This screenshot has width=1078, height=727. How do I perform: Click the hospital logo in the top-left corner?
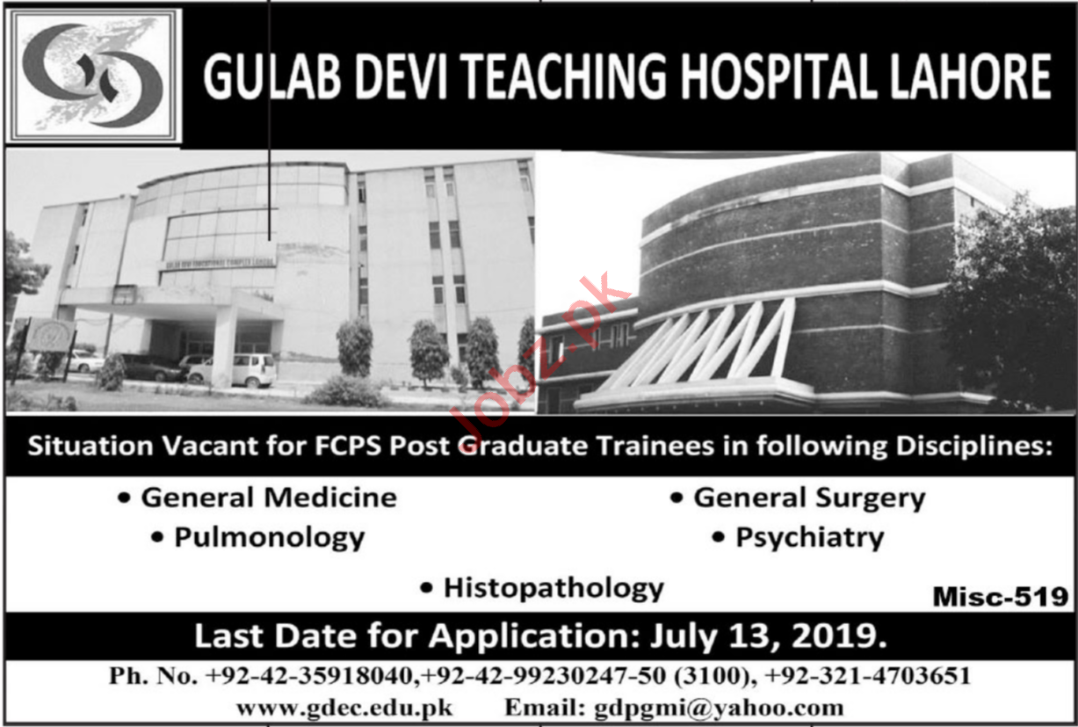coord(94,76)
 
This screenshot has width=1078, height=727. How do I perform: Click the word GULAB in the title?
coord(271,77)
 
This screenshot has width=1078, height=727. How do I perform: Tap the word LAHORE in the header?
coord(970,77)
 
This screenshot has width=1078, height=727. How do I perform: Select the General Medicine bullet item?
coord(257,498)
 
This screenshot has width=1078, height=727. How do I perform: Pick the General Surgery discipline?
coord(798,498)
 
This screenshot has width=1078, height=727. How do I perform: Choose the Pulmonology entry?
coord(258,538)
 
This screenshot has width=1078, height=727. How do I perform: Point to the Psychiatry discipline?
coord(798,538)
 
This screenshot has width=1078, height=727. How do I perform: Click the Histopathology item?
coord(542,588)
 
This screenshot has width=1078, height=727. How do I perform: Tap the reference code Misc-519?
coord(1000,597)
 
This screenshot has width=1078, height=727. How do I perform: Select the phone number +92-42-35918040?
coord(310,676)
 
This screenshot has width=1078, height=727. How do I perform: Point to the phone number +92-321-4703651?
coord(867,676)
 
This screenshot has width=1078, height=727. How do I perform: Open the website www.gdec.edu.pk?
coord(344,709)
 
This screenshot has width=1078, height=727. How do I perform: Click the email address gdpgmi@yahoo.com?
coord(719,709)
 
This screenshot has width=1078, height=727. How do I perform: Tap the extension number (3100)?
coord(711,676)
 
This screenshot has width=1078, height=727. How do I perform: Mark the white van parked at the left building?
coord(234,370)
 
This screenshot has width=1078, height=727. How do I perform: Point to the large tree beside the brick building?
coord(1010,303)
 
